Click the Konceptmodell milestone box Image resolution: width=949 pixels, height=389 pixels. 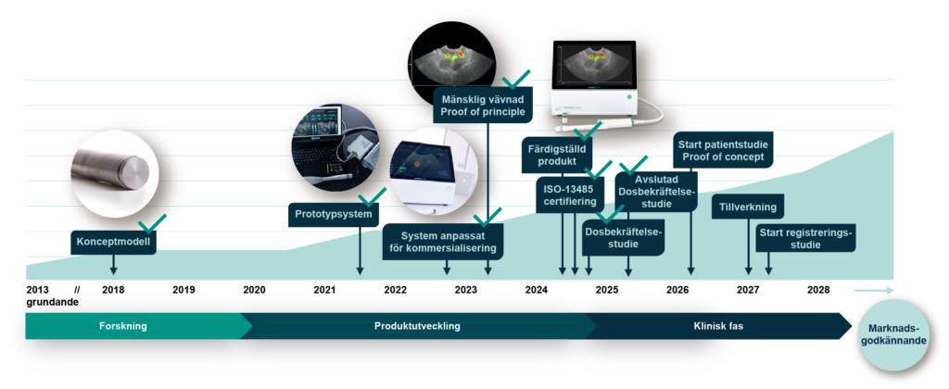pyautogui.click(x=114, y=243)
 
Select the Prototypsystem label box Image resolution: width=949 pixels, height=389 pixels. pyautogui.click(x=334, y=214)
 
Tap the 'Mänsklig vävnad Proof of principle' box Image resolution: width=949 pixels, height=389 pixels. pyautogui.click(x=483, y=105)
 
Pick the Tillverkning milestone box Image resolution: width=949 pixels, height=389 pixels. pyautogui.click(x=748, y=207)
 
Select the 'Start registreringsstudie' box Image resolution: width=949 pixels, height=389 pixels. pyautogui.click(x=805, y=238)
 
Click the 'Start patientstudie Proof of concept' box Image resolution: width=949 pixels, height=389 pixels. pyautogui.click(x=723, y=151)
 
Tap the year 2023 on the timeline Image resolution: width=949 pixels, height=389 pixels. pyautogui.click(x=466, y=290)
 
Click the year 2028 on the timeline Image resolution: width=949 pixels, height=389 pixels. pyautogui.click(x=818, y=290)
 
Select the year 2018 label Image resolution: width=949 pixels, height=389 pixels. pyautogui.click(x=113, y=290)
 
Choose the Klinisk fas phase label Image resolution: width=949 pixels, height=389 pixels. pyautogui.click(x=718, y=326)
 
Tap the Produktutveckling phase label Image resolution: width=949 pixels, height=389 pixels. pyautogui.click(x=417, y=326)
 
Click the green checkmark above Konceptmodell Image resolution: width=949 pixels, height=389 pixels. pyautogui.click(x=151, y=223)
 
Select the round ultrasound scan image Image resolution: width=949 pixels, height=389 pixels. pyautogui.click(x=451, y=61)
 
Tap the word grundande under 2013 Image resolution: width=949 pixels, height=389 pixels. pyautogui.click(x=53, y=302)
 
